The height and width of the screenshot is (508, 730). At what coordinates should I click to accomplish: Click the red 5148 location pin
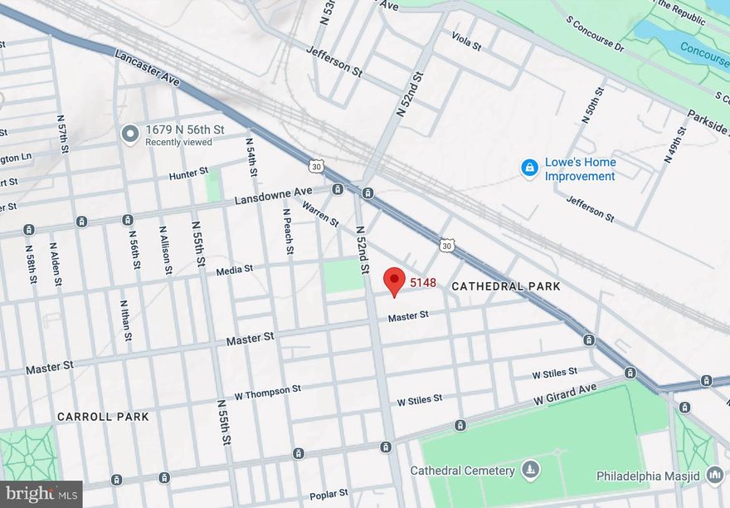click(x=395, y=281)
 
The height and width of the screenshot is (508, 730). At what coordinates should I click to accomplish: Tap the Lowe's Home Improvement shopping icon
click(x=529, y=169)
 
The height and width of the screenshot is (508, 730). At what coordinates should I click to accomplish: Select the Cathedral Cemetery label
click(x=462, y=471)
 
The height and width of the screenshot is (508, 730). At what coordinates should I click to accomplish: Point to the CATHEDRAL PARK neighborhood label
click(x=506, y=286)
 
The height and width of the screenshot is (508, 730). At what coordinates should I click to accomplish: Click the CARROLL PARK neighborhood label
click(x=103, y=416)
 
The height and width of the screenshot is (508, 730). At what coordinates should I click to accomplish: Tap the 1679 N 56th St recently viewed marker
click(x=129, y=134)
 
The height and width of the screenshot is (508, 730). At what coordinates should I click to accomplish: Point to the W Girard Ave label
click(x=565, y=393)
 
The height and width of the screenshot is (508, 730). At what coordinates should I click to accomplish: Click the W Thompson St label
click(x=267, y=391)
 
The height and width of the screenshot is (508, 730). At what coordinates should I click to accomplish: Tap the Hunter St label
click(x=188, y=173)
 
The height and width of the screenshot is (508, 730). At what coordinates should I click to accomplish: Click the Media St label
click(x=233, y=270)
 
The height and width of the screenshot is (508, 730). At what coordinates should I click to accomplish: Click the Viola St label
click(x=466, y=40)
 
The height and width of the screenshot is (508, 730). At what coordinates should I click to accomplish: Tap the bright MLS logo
click(x=41, y=494)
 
